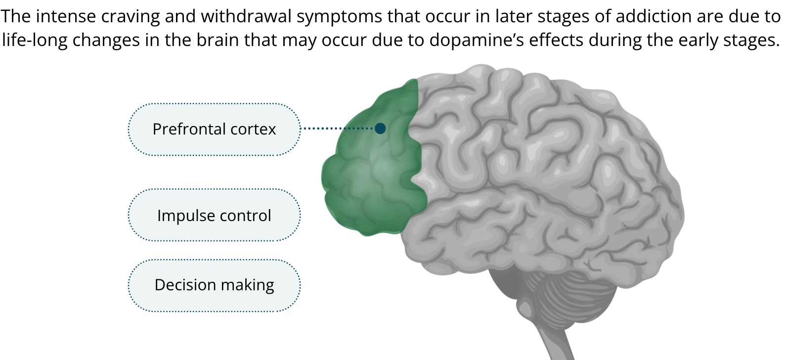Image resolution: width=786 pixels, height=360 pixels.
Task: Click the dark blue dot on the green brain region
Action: tap(380, 129)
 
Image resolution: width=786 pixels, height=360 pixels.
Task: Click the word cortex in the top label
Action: tap(253, 129)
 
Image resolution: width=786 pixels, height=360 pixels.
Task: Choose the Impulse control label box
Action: tap(214, 216)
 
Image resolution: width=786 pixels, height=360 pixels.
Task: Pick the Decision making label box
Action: tap(214, 285)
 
